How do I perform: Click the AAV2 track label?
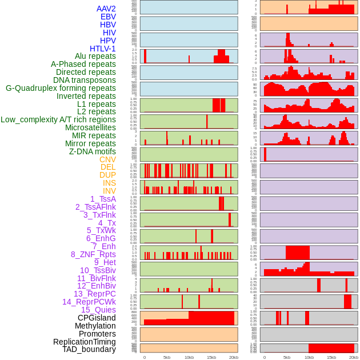pyautogui.click(x=106, y=9)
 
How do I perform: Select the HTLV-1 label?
pyautogui.click(x=103, y=49)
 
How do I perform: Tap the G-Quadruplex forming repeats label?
pyautogui.click(x=61, y=88)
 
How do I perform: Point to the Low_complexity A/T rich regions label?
pyautogui.click(x=58, y=119)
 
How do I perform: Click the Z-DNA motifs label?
pyautogui.click(x=93, y=151)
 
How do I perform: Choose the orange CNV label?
pyautogui.click(x=107, y=159)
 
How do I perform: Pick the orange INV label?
pyautogui.click(x=109, y=191)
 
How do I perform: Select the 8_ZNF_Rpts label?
pyautogui.click(x=93, y=254)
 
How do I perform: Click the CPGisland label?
pyautogui.click(x=97, y=318)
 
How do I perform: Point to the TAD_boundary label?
pyautogui.click(x=89, y=349)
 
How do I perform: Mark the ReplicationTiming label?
pyautogui.click(x=84, y=342)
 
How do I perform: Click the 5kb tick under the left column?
pyautogui.click(x=167, y=357)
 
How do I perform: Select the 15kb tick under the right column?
pyautogui.click(x=331, y=357)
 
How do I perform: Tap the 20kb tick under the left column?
pyautogui.click(x=233, y=357)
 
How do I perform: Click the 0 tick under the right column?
pyautogui.click(x=265, y=357)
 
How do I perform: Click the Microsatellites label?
pyautogui.click(x=90, y=127)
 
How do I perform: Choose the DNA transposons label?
pyautogui.click(x=85, y=80)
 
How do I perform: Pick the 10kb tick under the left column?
pyautogui.click(x=189, y=357)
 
